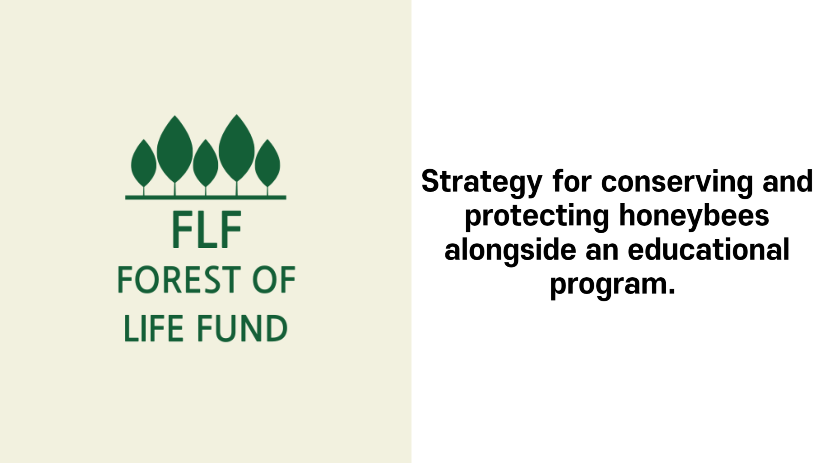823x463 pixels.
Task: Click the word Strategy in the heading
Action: point(482,182)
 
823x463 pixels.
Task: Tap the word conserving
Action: point(677,182)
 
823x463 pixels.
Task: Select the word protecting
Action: point(537,216)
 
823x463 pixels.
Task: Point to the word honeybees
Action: point(694,216)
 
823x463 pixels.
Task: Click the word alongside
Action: point(510,250)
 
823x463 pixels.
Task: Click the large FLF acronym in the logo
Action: point(207,229)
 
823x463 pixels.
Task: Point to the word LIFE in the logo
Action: point(147,328)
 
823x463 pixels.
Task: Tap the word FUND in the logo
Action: point(242,328)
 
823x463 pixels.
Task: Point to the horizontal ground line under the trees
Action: point(206,198)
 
